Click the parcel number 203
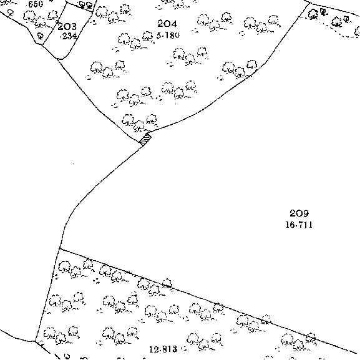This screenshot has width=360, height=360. click(67, 27)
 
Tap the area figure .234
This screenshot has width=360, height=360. click(68, 36)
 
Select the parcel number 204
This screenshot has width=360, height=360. click(167, 24)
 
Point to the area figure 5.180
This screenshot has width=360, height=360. click(168, 36)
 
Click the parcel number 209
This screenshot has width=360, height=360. click(299, 213)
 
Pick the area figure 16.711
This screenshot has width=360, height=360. click(299, 225)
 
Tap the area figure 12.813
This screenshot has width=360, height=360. click(163, 349)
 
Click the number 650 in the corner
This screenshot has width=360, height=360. click(36, 4)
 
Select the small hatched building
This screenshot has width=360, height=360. click(145, 140)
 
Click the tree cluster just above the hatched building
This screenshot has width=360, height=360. click(140, 123)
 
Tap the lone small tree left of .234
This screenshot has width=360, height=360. click(41, 36)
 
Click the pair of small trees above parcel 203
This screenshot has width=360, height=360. click(85, 4)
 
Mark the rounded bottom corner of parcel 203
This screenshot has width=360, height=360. click(62, 58)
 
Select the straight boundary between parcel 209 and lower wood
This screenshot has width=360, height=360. click(208, 300)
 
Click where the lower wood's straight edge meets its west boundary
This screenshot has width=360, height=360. click(59, 249)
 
